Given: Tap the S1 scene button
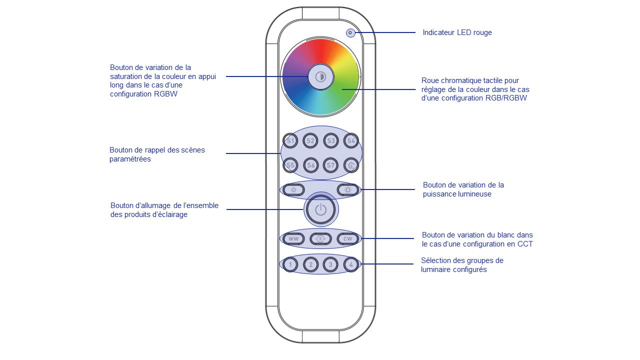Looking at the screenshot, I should pyautogui.click(x=290, y=141).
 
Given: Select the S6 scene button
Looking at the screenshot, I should pyautogui.click(x=310, y=165).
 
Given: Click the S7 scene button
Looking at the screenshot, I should pyautogui.click(x=330, y=165).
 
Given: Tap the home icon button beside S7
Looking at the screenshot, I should pyautogui.click(x=351, y=165).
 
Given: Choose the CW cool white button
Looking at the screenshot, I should pyautogui.click(x=347, y=239).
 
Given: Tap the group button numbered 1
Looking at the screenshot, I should pyautogui.click(x=290, y=264).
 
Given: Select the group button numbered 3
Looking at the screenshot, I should pyautogui.click(x=330, y=264).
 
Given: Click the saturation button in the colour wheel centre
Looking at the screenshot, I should pyautogui.click(x=320, y=76).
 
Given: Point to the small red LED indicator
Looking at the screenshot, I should pyautogui.click(x=350, y=33).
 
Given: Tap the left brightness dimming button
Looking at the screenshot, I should pyautogui.click(x=293, y=189).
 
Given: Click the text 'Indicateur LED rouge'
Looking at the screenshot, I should pyautogui.click(x=457, y=32).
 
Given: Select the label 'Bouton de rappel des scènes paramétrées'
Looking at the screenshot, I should pyautogui.click(x=157, y=154).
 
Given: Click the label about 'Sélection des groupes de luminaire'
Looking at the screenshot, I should pyautogui.click(x=462, y=265).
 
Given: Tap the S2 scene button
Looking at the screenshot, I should pyautogui.click(x=310, y=141).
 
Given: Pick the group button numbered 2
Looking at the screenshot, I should pyautogui.click(x=310, y=264).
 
